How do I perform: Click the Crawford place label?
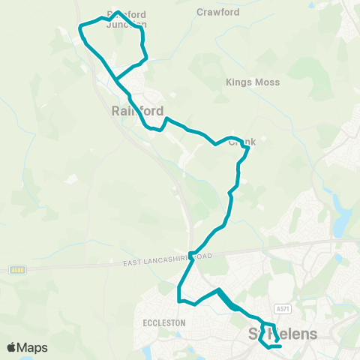coord(217,12)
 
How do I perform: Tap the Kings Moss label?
coord(253,82)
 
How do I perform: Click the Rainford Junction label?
coord(127,19)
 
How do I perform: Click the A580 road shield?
coord(18,268)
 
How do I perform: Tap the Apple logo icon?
coord(13,347)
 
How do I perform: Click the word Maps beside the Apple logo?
coord(34,347)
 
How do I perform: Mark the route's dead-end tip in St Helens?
coord(280,346)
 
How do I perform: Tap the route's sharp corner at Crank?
coord(248,148)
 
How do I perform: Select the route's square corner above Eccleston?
coord(179,301)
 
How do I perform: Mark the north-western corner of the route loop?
coord(80,27)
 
